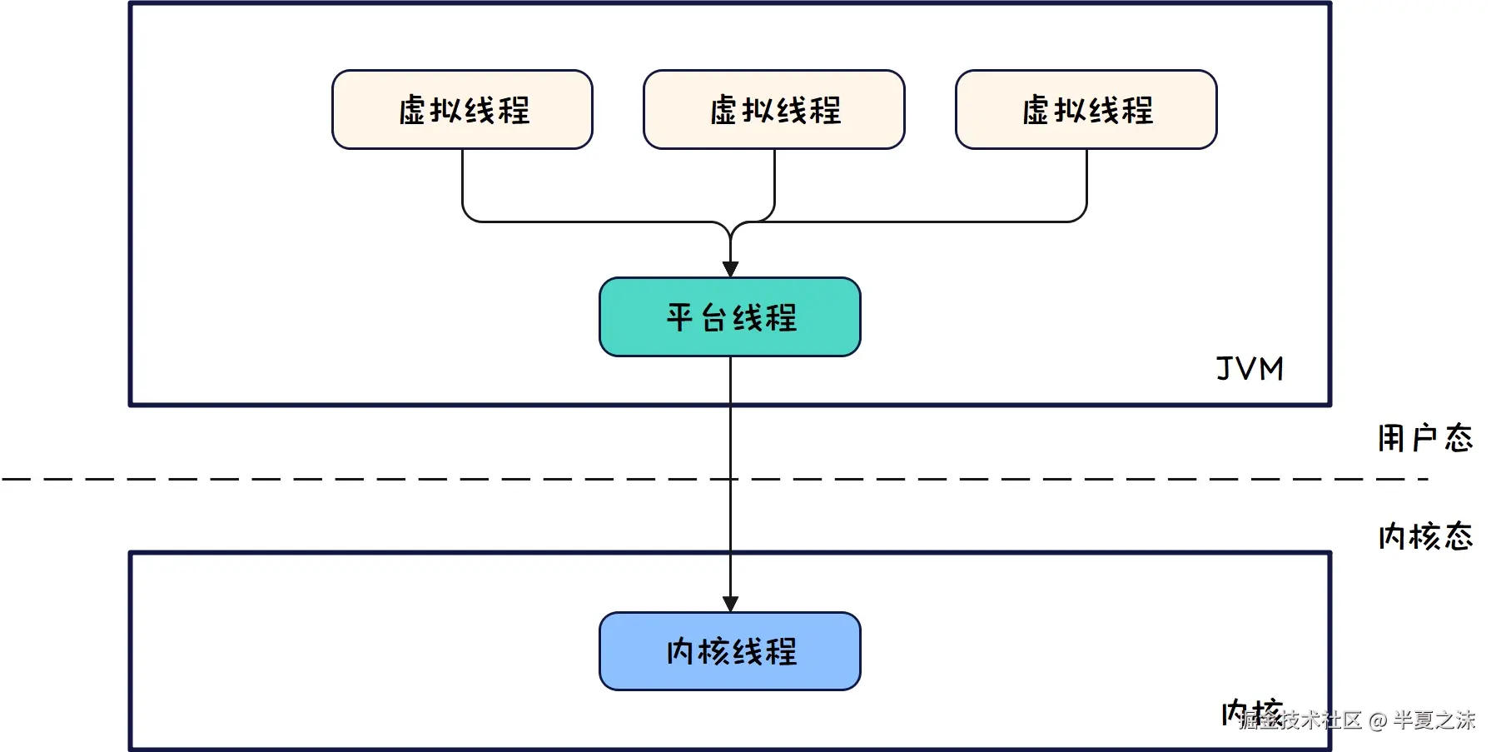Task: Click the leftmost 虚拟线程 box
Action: [x=462, y=110]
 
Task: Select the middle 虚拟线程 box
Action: [x=774, y=110]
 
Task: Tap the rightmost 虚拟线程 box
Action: [x=1086, y=110]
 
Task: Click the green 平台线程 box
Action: [x=730, y=317]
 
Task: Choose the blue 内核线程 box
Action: [x=730, y=651]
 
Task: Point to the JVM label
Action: [x=1250, y=368]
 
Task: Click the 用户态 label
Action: [x=1424, y=438]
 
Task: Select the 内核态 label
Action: [x=1424, y=536]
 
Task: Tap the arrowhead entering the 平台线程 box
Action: [x=730, y=269]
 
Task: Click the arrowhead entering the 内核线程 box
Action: [x=730, y=604]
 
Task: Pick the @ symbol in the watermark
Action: [x=1377, y=720]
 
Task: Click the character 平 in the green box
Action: [x=679, y=317]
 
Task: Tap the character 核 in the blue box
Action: [x=714, y=651]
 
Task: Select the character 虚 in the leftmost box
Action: [x=413, y=110]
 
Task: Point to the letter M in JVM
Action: [x=1271, y=368]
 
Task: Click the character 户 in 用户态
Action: [x=1425, y=438]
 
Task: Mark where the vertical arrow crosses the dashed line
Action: [x=730, y=479]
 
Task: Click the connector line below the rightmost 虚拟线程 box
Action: [x=1086, y=183]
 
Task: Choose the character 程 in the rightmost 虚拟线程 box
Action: [x=1138, y=110]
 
